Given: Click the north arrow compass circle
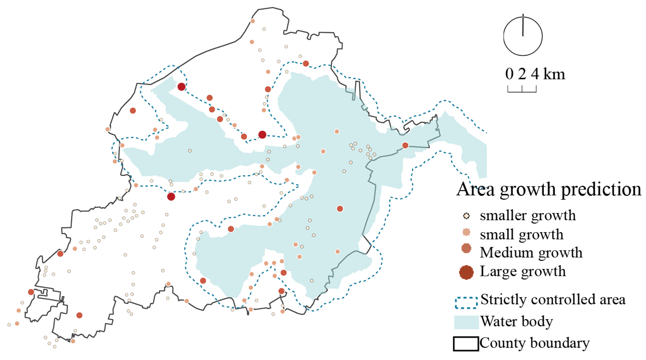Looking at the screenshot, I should click(523, 36).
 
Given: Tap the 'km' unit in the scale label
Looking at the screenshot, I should click(554, 74).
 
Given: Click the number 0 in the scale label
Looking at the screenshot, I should click(509, 74).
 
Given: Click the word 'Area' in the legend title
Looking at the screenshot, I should click(475, 189).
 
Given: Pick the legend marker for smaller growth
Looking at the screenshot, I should click(466, 216).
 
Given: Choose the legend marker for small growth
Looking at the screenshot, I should click(466, 232).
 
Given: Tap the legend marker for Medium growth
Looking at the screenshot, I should click(466, 248).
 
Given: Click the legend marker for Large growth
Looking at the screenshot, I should click(466, 272).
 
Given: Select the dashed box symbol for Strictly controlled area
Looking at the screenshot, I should click(466, 303).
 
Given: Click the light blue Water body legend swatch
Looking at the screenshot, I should click(466, 322).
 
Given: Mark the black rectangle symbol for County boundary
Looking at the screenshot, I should click(466, 344).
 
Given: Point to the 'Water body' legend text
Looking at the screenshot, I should click(517, 322).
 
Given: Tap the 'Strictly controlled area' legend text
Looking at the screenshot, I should click(553, 300).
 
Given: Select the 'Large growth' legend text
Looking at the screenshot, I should click(523, 271).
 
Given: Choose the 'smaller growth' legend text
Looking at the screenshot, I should click(528, 216).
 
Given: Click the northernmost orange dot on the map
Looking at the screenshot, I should click(253, 21).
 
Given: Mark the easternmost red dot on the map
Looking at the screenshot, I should click(405, 145).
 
